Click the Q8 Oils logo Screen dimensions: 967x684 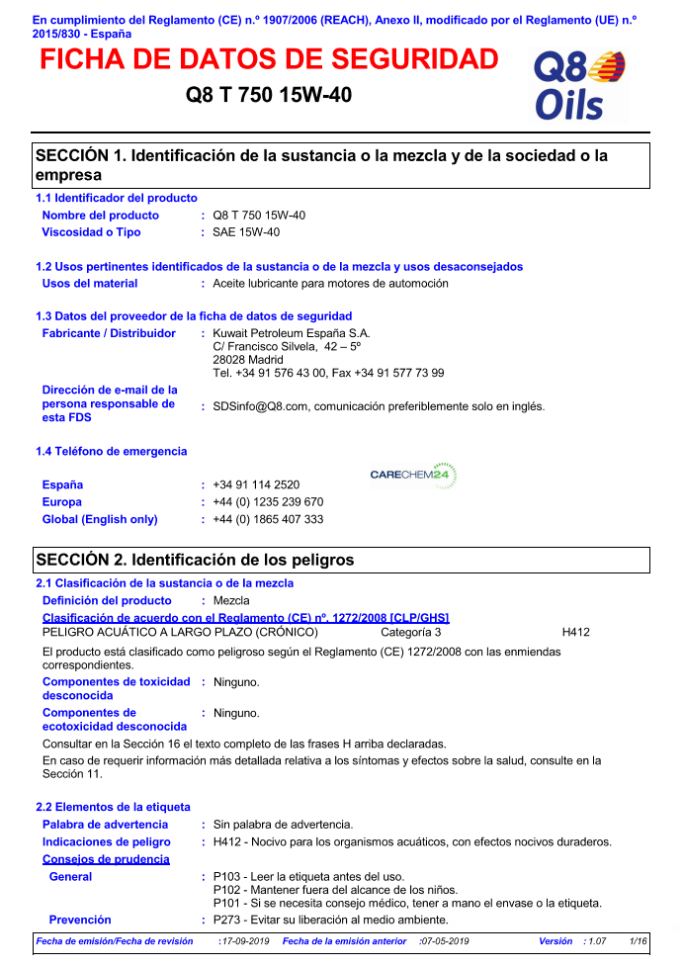pos(579,85)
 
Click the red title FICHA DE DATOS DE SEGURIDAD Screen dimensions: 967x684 pos(269,59)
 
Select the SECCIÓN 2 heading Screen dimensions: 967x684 pos(195,561)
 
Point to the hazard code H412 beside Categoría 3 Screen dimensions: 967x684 pos(575,632)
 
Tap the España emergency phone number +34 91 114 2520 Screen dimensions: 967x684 pos(256,485)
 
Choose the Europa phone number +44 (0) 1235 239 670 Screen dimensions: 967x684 pos(268,502)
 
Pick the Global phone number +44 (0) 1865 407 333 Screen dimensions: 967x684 pos(268,519)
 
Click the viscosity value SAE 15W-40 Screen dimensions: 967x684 pos(246,232)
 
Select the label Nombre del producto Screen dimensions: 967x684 pos(100,216)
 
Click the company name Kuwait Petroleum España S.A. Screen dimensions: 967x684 pos(292,334)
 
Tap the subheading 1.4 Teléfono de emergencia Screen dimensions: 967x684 pos(111,452)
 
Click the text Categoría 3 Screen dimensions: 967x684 pos(411,632)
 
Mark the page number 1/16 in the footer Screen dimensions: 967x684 pos(639,941)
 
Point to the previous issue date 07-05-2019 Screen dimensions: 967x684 pos(444,941)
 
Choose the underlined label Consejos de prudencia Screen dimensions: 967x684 pos(106,859)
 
